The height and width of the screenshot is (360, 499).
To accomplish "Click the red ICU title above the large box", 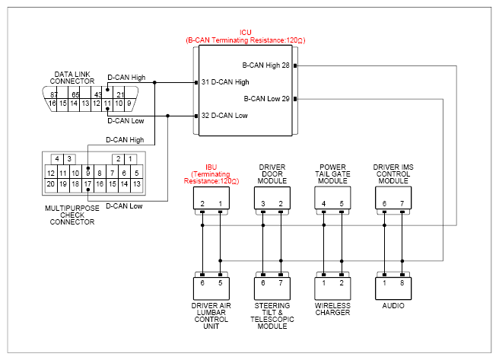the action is point(246,33).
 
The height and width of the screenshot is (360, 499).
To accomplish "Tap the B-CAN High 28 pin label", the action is point(265,65).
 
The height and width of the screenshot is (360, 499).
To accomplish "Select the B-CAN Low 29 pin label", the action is point(267,99).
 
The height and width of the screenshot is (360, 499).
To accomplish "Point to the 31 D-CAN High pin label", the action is point(225,82).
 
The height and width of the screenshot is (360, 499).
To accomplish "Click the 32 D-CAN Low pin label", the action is point(224,116).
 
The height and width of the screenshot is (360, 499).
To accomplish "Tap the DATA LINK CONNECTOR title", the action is point(72,78).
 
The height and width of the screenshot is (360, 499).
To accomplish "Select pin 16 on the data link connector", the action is point(52,104).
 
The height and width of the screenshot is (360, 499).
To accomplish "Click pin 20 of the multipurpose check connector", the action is point(51,184).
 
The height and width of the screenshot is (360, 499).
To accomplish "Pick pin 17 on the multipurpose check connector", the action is point(87,184).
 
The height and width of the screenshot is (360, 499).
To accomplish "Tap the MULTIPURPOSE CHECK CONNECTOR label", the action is point(72,215).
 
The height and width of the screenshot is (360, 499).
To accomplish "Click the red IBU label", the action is point(211,167).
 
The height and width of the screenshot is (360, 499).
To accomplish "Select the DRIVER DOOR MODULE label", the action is point(272,174).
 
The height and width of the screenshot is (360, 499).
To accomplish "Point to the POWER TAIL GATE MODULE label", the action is point(332,174).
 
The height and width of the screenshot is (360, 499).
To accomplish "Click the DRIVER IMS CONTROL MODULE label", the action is point(393,174).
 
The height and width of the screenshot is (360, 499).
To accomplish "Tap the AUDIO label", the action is point(393,306).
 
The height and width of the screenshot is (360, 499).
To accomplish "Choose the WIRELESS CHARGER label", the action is point(332,309).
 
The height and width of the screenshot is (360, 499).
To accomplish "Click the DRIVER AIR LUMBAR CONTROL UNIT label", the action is point(211,316).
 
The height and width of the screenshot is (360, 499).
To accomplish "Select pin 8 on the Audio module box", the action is point(402,283).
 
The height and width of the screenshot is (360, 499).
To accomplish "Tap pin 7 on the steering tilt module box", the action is point(281,283).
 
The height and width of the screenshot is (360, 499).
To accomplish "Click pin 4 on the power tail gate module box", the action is point(323,204).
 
